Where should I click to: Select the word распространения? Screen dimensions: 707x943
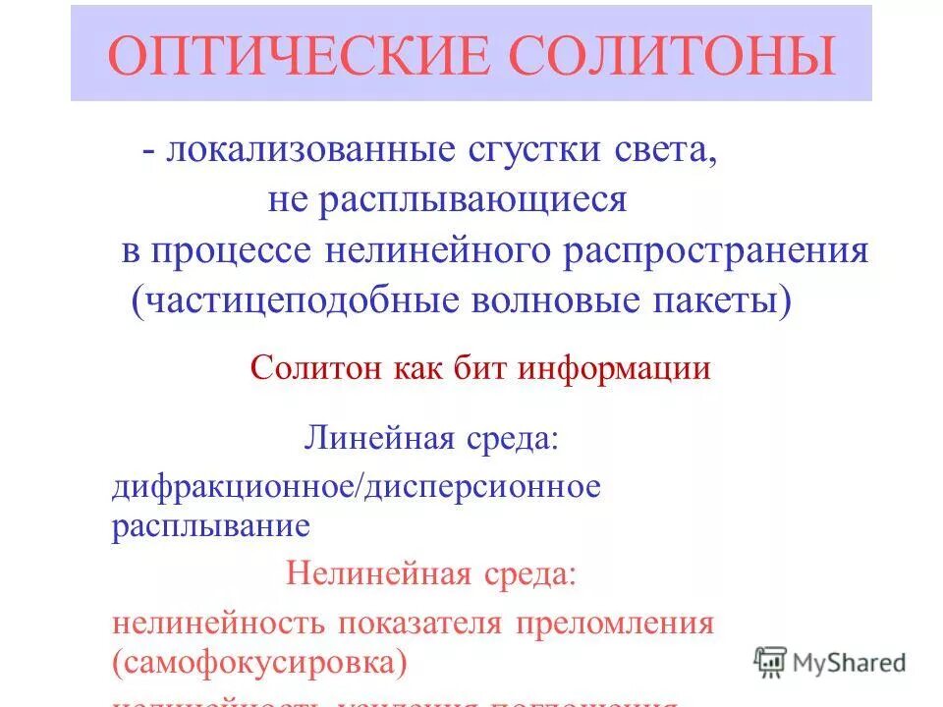(x=716, y=250)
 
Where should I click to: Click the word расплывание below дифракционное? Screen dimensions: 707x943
(x=210, y=525)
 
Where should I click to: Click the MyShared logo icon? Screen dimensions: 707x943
(x=770, y=662)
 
